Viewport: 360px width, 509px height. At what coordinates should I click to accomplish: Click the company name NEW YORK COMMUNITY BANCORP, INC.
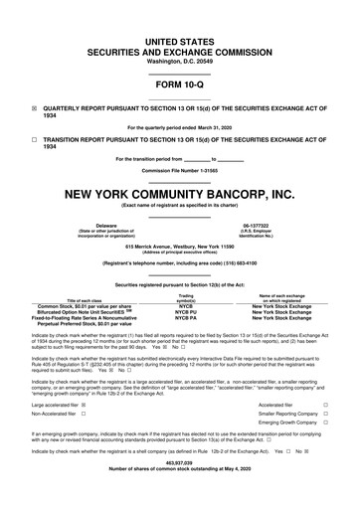(x=180, y=191)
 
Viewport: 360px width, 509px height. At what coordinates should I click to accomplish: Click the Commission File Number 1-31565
(x=180, y=170)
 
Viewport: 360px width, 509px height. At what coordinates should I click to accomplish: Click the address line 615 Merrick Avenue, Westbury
(x=180, y=244)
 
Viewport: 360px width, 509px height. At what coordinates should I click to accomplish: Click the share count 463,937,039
(x=180, y=490)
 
